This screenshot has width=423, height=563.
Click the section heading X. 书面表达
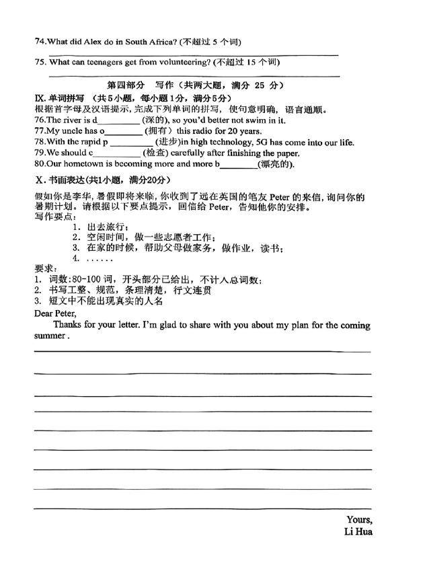65,180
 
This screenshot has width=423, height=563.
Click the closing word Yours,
358,519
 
